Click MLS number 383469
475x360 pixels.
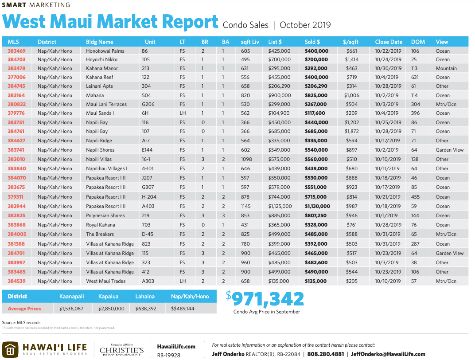point(16,51)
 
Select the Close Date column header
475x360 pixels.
point(389,42)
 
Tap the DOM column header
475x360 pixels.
point(418,42)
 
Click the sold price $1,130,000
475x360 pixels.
point(317,206)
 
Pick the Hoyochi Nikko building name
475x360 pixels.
point(102,59)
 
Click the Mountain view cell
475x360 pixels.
point(446,68)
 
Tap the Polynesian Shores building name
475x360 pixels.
point(105,215)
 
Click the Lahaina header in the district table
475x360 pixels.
point(145,296)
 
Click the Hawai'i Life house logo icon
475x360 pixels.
point(11,349)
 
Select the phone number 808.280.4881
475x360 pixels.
point(325,354)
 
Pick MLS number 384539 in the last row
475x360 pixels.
point(16,281)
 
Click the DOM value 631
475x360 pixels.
point(415,77)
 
